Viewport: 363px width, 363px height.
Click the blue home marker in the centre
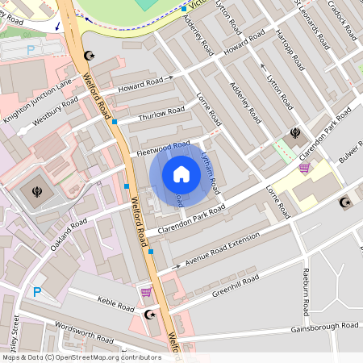181,174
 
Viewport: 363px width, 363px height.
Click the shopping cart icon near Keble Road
146,292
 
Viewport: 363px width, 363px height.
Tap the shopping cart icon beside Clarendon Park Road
304,168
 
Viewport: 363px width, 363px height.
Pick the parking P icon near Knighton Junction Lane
31,50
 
